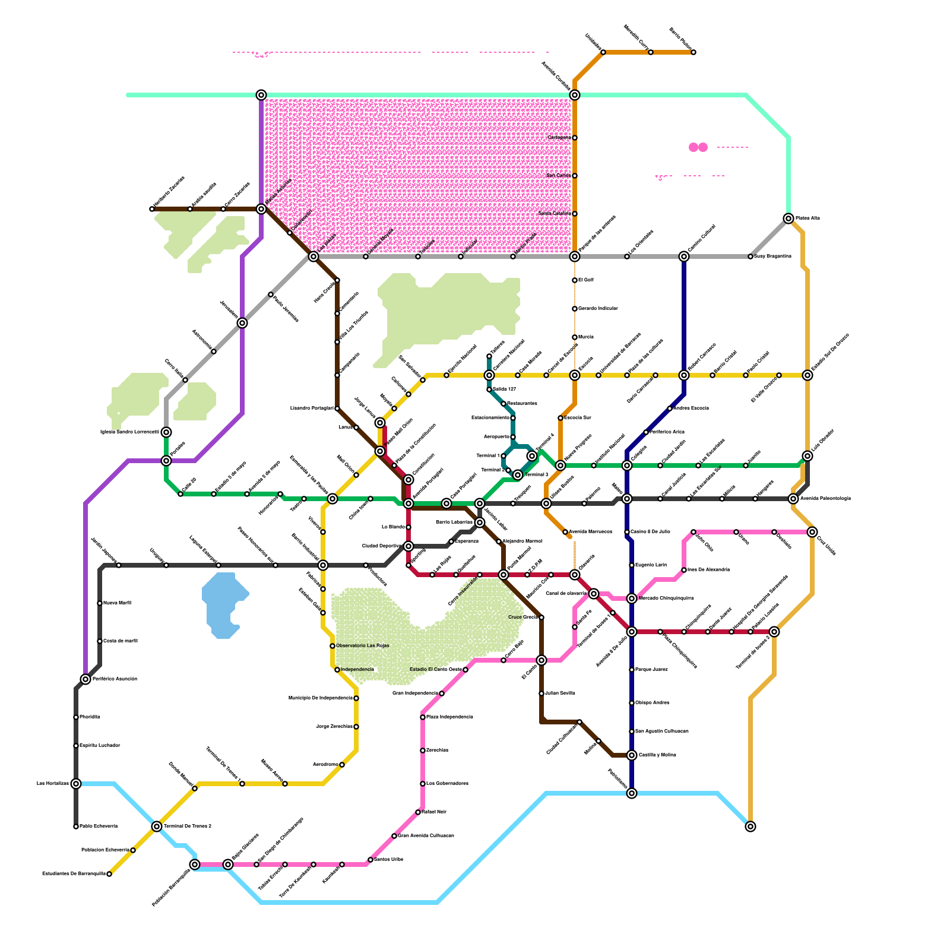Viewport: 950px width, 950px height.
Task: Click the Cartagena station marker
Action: point(575,138)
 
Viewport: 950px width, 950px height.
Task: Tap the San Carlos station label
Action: point(558,176)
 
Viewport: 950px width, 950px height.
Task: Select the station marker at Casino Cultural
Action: point(684,256)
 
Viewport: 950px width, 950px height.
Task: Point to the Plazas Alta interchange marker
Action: point(788,218)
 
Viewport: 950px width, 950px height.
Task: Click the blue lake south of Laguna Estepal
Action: point(223,604)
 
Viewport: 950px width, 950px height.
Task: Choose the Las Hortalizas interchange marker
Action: point(76,784)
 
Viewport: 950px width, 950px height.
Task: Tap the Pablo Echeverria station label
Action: point(99,826)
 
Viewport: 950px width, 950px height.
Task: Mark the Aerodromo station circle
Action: point(342,765)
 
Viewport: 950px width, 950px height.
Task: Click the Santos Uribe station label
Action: point(389,860)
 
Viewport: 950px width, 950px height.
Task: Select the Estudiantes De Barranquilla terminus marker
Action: point(109,874)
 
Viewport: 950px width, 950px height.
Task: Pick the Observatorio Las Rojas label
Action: point(362,646)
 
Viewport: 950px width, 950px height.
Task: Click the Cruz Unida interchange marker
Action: point(812,532)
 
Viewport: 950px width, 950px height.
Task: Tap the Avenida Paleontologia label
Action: point(825,499)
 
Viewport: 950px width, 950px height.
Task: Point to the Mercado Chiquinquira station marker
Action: point(632,598)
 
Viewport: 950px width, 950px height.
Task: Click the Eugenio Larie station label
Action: point(651,565)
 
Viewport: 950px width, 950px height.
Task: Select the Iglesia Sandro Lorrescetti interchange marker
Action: point(166,432)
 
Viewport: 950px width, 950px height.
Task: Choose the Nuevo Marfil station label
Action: point(117,603)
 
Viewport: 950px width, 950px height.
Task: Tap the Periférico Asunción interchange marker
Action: point(85,679)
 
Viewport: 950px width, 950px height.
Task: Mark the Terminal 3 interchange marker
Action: point(518,475)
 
